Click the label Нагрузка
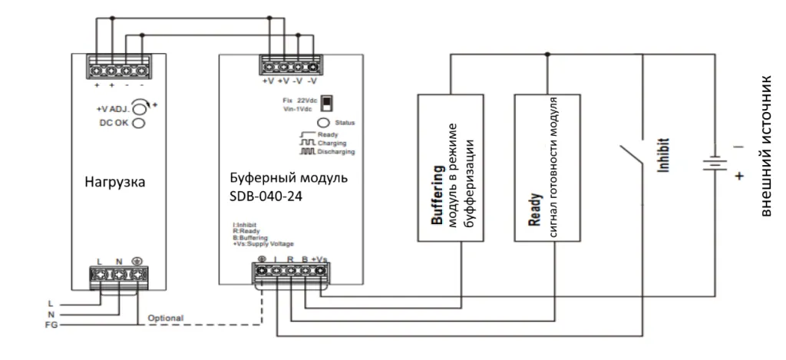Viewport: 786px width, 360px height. tap(116, 183)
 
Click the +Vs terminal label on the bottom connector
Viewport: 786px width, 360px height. tap(319, 259)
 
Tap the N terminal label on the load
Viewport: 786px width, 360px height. tap(119, 261)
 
